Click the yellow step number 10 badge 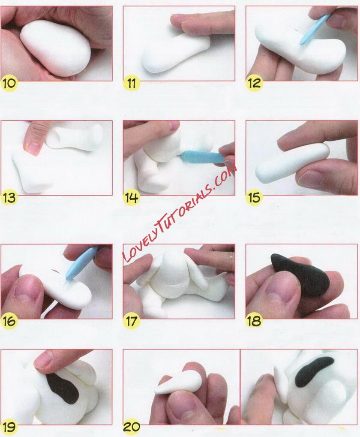9,83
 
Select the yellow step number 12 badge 254,83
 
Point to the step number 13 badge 9,198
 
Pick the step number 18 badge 254,321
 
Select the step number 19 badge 9,427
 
